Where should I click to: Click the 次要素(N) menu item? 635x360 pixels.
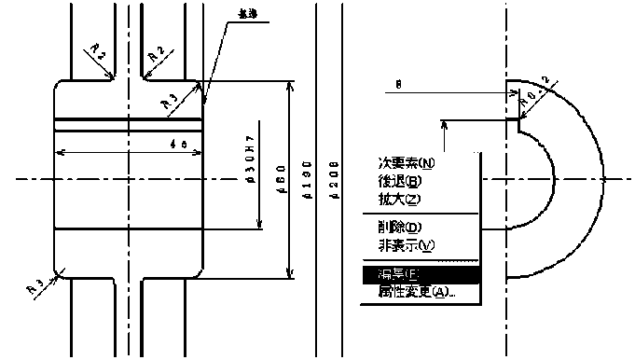407,164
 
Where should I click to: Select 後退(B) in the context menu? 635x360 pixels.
401,181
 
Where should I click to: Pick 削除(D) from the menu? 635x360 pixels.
400,228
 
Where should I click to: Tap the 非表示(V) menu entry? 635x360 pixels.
407,245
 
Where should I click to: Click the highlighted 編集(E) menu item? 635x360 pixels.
400,275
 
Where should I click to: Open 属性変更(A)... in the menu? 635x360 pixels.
416,292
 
